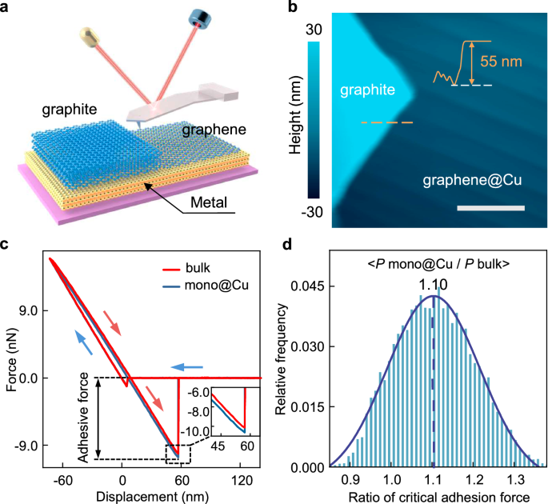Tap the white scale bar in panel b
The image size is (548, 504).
[494, 208]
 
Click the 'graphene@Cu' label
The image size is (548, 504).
[472, 181]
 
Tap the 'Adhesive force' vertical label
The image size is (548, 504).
[83, 418]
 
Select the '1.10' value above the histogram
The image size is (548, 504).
[433, 282]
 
